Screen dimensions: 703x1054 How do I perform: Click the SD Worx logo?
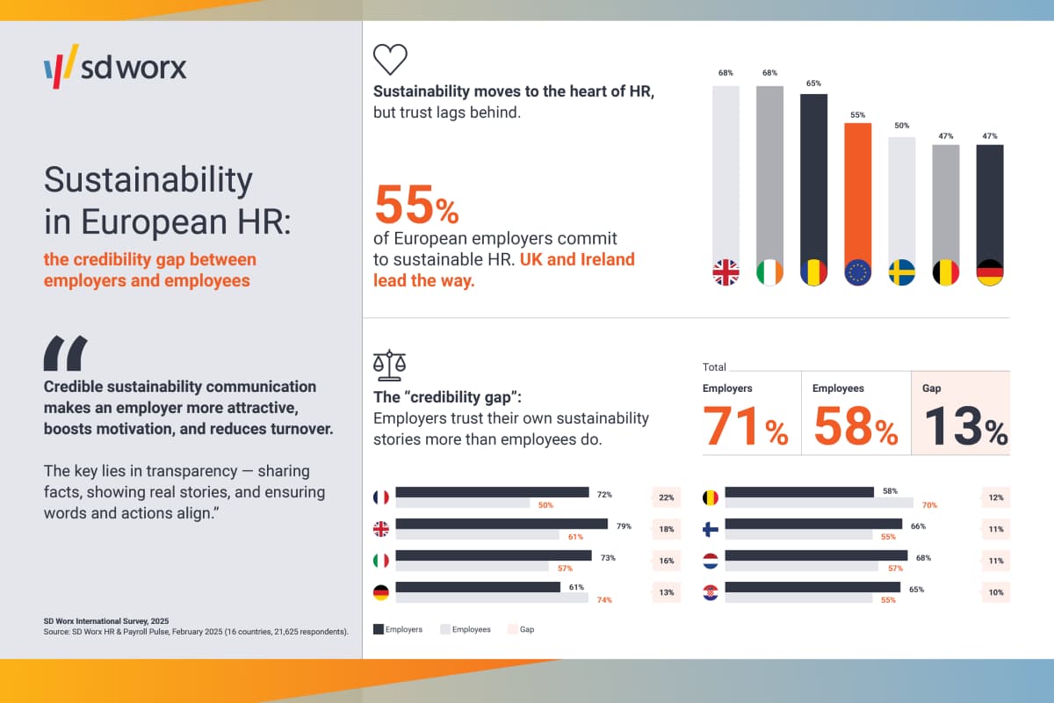point(115,67)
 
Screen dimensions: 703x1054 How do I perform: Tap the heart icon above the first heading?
point(391,59)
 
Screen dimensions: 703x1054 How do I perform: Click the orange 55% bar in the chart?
point(857,193)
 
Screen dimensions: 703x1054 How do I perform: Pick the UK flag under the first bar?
point(726,272)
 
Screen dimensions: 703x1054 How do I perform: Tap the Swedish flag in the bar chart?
point(902,272)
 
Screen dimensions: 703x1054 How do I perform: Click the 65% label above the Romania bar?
point(813,84)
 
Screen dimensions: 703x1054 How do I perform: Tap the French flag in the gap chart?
point(381,497)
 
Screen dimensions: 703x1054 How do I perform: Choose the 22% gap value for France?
point(666,497)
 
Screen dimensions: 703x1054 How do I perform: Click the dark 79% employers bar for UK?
point(502,524)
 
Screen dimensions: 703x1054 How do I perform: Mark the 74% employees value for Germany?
point(603,600)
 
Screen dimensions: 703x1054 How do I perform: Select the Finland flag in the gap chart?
point(711,529)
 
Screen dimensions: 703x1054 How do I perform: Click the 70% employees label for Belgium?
point(929,505)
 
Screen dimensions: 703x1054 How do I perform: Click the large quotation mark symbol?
point(66,353)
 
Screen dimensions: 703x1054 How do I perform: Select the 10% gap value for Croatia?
point(996,592)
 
